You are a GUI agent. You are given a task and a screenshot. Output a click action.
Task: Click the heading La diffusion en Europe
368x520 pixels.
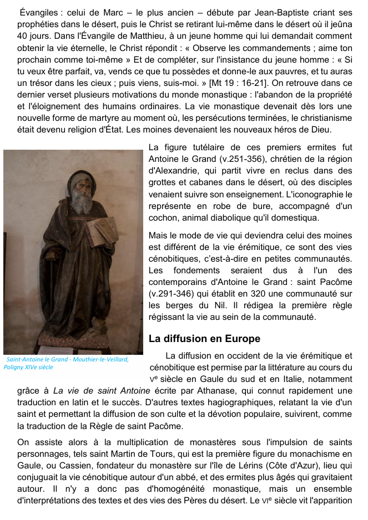[x=204, y=338]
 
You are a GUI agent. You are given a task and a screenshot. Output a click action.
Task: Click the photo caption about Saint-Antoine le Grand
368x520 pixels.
[x=66, y=363]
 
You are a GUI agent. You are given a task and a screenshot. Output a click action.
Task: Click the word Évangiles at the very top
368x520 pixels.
[x=40, y=13]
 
